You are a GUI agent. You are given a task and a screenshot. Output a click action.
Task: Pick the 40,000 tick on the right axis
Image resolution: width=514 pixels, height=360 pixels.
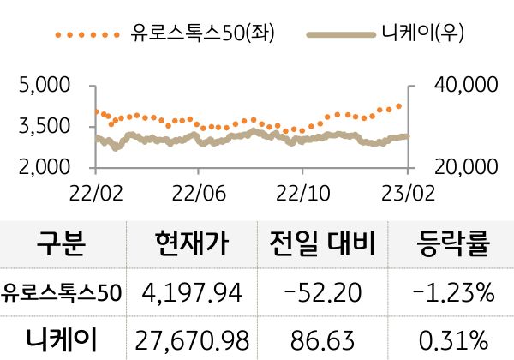pos(467,86)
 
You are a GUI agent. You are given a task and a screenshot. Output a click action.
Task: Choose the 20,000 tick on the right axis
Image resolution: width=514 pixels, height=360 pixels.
pos(467,165)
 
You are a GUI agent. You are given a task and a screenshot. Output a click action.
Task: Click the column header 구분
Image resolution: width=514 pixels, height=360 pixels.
pos(62,245)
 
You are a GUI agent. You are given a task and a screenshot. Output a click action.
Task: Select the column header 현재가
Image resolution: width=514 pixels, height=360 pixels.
pos(193,245)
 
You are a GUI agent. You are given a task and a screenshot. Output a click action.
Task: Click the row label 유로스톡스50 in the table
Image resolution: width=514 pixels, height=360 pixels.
pos(62,293)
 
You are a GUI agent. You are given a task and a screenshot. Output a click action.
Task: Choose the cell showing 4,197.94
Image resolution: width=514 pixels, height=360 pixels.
pos(193,294)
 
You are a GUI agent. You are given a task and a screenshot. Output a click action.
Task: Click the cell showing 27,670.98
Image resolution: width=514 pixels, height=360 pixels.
pos(193,339)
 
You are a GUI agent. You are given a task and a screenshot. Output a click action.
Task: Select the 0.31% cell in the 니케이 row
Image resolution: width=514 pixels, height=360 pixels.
pos(453,339)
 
